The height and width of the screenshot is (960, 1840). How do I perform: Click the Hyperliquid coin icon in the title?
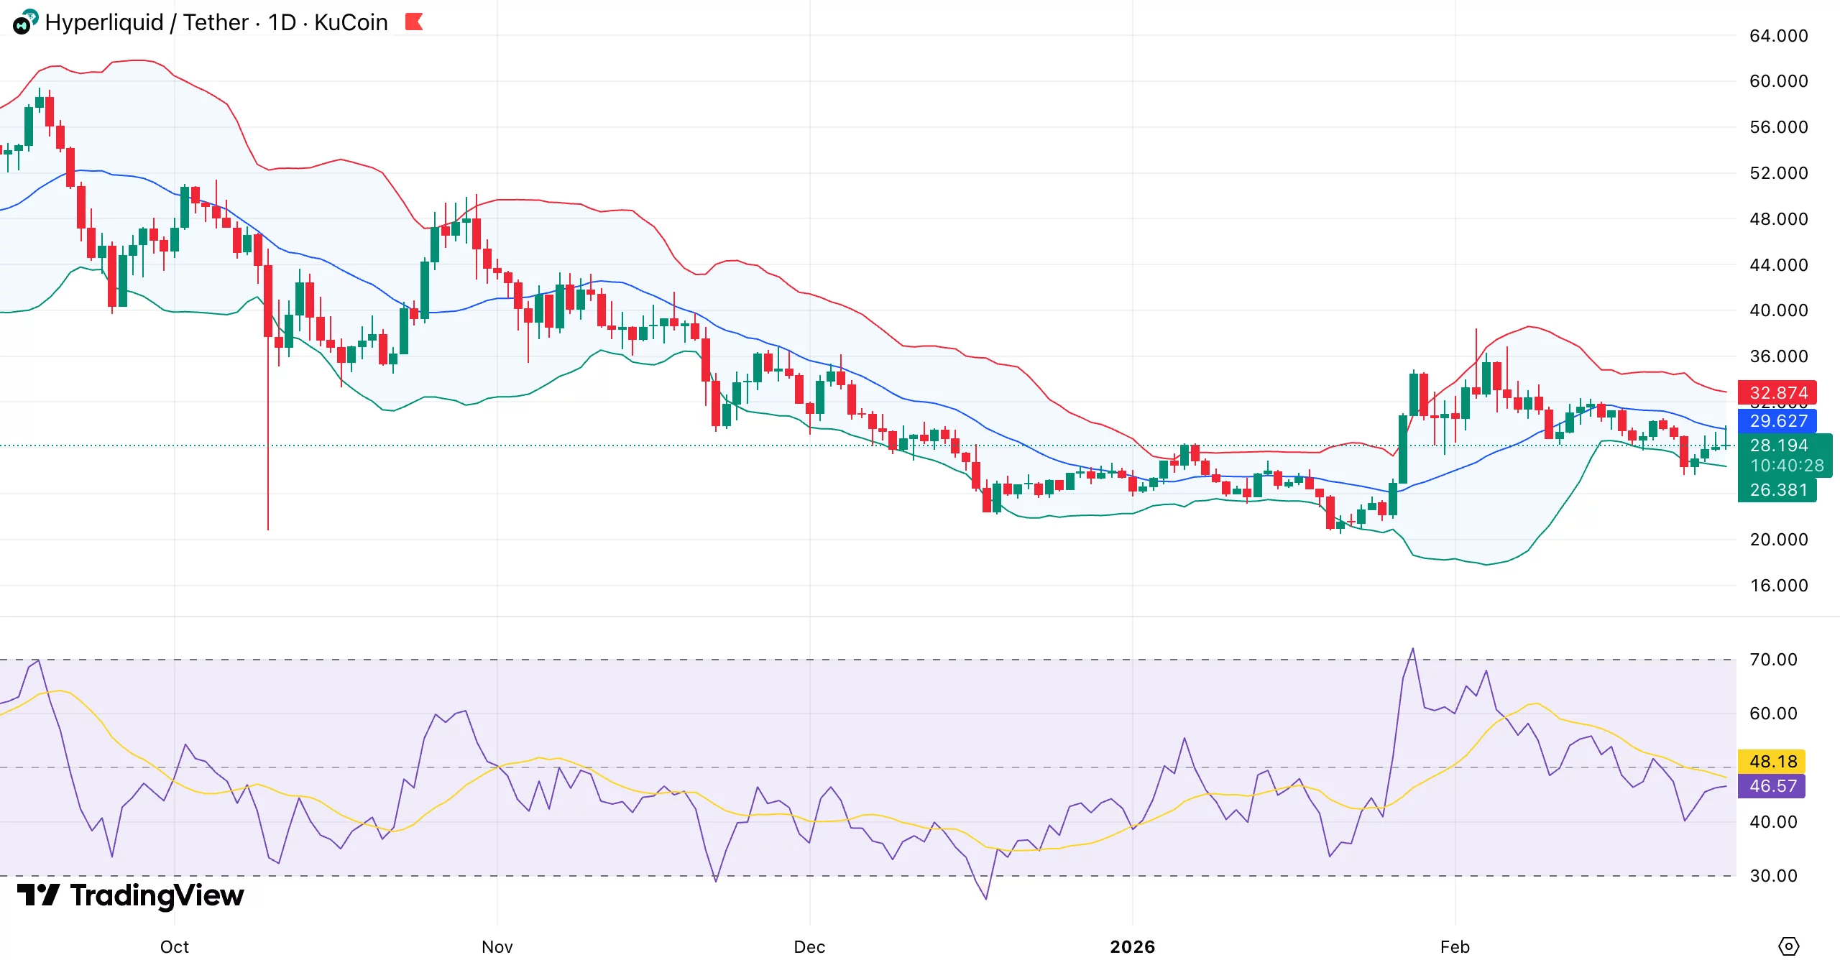coord(24,22)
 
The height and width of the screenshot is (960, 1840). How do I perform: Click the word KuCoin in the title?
coord(351,22)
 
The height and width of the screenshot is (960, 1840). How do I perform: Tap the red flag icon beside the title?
coord(414,22)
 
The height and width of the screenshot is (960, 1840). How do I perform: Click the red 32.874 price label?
coord(1777,393)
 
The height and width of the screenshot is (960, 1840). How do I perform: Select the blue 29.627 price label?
coord(1777,421)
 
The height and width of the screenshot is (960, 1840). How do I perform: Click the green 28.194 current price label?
coord(1778,446)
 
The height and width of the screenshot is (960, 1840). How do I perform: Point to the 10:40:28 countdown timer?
coord(1786,466)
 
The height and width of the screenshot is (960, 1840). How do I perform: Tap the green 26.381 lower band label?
coord(1777,490)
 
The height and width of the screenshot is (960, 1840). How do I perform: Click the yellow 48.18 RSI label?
coord(1772,761)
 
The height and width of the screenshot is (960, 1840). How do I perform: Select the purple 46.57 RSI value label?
coord(1772,786)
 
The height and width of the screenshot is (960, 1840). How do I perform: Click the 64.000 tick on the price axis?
coord(1778,36)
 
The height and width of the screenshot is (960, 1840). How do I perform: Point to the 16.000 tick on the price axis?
coord(1778,586)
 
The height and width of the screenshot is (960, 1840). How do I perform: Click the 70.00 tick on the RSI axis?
coord(1772,660)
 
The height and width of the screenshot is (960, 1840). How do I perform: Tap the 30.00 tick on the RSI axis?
coord(1772,876)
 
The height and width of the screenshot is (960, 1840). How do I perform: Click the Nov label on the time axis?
coord(497,946)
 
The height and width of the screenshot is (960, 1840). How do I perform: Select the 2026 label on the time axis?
coord(1132,946)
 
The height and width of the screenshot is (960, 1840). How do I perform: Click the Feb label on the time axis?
coord(1455,946)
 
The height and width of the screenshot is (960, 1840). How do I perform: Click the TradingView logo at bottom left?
coord(130,895)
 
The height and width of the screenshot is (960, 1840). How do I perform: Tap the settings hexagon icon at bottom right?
coord(1788,946)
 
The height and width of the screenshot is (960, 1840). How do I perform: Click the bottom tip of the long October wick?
coord(268,529)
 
